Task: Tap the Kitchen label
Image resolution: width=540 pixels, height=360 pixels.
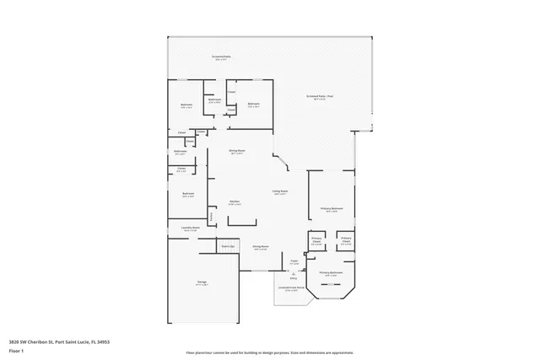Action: coord(236,201)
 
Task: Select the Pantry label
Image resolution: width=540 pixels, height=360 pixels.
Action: coord(212,217)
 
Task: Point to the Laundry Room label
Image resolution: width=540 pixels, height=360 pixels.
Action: coord(190,228)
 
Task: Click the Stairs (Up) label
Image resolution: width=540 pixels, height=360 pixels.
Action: coord(227,245)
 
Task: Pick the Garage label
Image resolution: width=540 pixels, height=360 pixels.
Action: coord(202,282)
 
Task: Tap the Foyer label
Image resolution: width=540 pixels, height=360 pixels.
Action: coord(294,261)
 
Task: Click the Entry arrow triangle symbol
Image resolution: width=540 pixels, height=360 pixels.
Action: coord(294,272)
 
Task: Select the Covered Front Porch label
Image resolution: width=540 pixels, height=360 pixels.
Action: coord(291,287)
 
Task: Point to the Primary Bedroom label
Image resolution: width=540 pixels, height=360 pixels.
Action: coord(331,208)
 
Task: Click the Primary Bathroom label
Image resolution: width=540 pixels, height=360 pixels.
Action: coord(330,272)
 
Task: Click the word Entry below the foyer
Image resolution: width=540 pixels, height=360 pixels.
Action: coord(294,277)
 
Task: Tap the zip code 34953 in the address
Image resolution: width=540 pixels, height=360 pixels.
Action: coord(103,341)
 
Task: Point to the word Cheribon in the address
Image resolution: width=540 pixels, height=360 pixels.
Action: coord(40,341)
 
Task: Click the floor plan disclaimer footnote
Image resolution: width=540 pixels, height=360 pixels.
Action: coord(269,351)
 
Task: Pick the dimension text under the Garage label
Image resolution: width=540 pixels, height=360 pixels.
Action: coord(202,285)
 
